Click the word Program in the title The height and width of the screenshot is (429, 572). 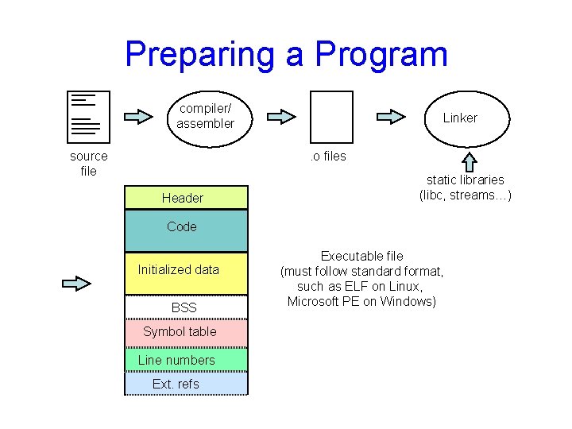pos(381,54)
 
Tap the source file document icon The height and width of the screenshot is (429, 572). pos(85,116)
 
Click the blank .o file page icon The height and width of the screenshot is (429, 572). pos(331,116)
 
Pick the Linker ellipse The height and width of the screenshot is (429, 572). pos(460,118)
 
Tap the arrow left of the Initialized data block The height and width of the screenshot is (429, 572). pos(77,283)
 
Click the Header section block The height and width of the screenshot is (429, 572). pos(186,198)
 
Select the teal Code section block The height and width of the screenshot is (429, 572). pos(186,230)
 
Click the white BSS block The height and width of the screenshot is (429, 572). pos(186,307)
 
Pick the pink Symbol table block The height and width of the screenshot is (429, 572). pos(186,333)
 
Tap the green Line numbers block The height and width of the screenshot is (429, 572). pos(186,360)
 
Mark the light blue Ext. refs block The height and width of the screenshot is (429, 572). pos(186,384)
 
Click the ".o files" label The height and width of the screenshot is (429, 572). pos(328,157)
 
